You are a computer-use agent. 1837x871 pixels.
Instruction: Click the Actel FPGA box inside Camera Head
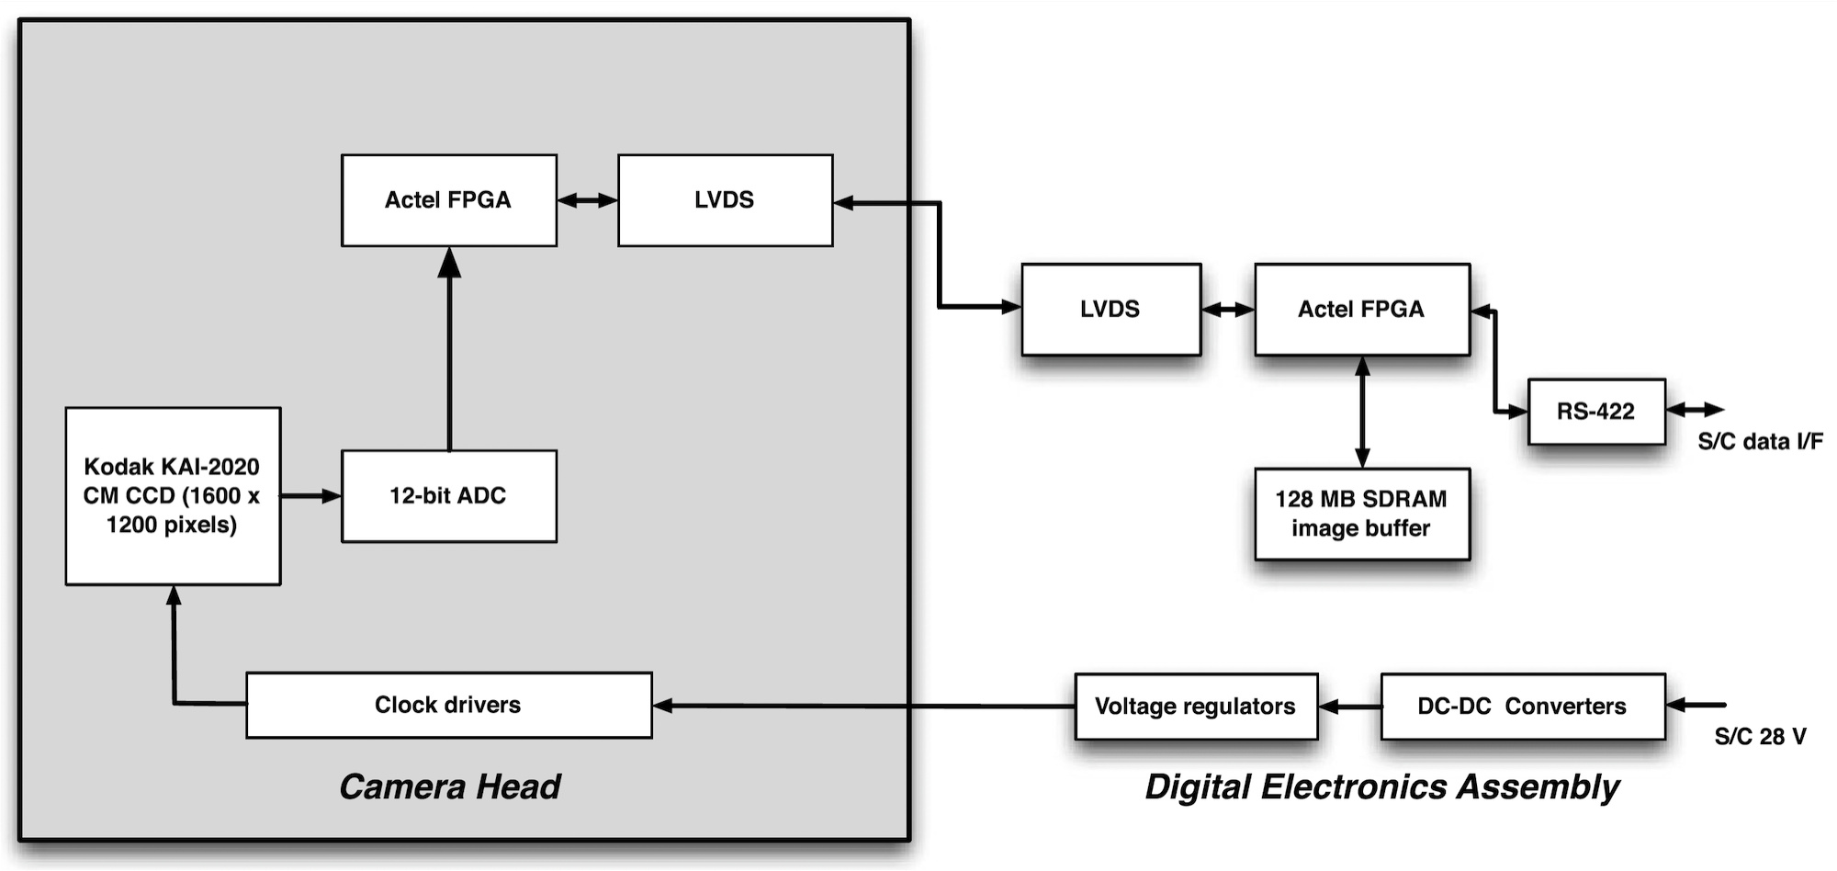[448, 200]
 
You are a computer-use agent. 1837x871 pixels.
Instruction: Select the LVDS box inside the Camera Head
[725, 200]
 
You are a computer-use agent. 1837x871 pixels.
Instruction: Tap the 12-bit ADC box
[448, 496]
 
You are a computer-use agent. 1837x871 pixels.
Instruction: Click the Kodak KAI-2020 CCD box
[173, 496]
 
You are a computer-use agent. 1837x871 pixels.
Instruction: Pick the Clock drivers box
[448, 705]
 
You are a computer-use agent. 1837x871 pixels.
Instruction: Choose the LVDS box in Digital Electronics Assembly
[1110, 310]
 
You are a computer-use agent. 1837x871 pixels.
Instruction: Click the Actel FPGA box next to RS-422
[1361, 310]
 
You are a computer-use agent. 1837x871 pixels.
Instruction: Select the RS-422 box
[1595, 412]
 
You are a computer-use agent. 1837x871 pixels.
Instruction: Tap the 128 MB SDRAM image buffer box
[1361, 514]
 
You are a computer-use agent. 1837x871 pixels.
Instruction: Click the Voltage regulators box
[1195, 707]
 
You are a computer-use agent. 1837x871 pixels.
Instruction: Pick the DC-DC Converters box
[1522, 707]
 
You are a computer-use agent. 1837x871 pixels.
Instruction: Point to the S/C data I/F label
[1760, 442]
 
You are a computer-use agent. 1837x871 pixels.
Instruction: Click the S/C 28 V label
[1760, 737]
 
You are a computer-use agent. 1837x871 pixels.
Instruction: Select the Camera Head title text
[450, 787]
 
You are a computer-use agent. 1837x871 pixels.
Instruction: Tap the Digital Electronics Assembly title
[1381, 787]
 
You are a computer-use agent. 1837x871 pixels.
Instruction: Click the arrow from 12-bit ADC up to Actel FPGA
[449, 349]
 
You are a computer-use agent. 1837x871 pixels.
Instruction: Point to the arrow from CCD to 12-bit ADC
[310, 496]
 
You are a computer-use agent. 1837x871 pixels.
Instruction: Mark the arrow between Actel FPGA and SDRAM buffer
[1362, 412]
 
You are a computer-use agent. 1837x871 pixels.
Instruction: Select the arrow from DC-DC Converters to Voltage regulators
[1349, 707]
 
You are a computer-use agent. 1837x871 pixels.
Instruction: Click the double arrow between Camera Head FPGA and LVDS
[587, 200]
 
